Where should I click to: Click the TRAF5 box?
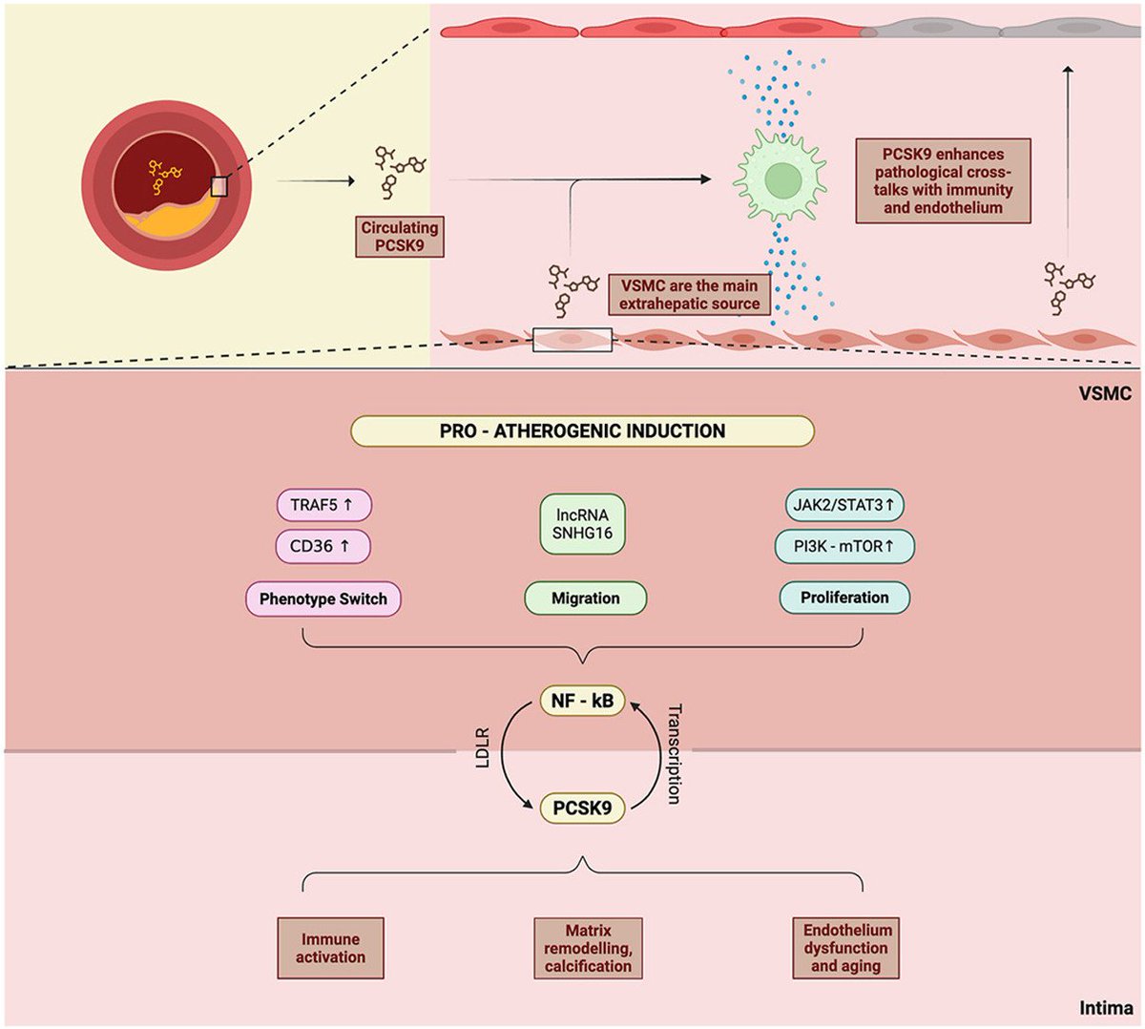323,504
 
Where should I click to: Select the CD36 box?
323,546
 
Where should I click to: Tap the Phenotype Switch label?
323,599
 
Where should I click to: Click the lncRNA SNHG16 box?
582,523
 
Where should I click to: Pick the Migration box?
585,598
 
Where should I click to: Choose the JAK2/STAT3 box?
843,504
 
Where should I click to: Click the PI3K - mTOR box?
843,546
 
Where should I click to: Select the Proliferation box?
843,598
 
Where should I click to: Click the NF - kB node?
582,702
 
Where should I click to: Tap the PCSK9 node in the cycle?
582,808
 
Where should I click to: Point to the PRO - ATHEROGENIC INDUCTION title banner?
582,431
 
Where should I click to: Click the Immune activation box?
330,948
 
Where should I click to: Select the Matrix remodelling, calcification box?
588,948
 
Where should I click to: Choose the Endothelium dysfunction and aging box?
846,948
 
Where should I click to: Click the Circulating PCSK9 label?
399,237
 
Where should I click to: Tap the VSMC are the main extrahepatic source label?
689,295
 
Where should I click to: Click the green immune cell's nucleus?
782,178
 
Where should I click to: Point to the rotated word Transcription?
674,754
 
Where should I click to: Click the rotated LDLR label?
483,749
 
